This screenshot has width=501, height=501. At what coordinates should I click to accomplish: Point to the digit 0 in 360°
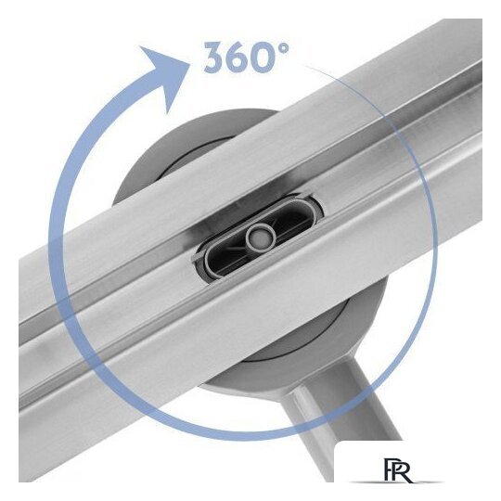click(x=269, y=57)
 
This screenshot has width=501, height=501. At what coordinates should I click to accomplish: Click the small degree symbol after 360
click(x=284, y=48)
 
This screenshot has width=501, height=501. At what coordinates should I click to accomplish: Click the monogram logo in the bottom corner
click(x=397, y=470)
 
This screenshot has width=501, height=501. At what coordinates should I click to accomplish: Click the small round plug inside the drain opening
click(x=260, y=237)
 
